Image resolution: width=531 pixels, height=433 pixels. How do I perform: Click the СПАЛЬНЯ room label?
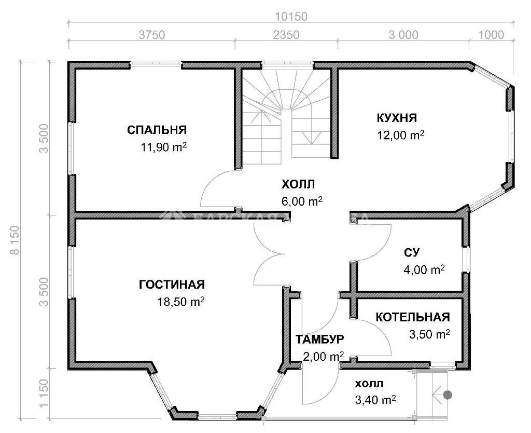coord(157,130)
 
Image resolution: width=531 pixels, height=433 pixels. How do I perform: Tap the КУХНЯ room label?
coord(397,118)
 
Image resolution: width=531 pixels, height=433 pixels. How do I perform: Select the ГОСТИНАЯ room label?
coord(172,284)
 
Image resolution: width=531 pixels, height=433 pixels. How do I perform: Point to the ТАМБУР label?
coord(319,339)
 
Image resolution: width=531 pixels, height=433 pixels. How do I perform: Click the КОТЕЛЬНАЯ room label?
coord(413,317)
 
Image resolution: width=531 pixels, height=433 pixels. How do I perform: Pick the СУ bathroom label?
coord(412,252)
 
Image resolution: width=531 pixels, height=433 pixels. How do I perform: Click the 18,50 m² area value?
coord(181,302)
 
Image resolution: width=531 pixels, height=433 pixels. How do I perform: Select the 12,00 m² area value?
coord(401,135)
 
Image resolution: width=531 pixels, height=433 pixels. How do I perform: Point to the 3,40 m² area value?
coord(375,400)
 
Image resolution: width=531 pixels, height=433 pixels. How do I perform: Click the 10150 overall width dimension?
coord(291,16)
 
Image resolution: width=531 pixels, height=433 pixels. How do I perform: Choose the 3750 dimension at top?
coord(152,35)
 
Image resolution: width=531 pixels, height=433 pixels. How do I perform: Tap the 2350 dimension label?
coord(286,35)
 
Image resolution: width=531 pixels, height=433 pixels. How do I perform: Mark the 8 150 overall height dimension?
coord(15,240)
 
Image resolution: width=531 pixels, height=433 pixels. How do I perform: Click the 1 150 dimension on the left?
coord(44,394)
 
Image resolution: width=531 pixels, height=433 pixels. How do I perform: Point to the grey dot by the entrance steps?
coord(448,395)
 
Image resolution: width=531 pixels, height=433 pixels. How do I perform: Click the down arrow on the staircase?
coord(312,138)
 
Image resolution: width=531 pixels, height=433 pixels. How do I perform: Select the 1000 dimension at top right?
coord(491,35)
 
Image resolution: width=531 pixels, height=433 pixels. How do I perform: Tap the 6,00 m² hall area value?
coord(302,201)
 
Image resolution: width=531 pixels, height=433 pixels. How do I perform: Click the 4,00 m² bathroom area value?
coord(424,270)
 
